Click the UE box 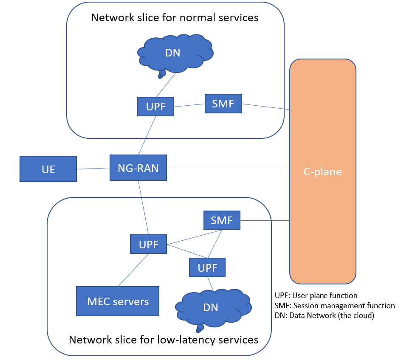(x=48, y=169)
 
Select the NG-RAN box (x=138, y=168)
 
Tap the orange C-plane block (x=322, y=172)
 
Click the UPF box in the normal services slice (x=155, y=107)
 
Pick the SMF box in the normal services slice (x=223, y=104)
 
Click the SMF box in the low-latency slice (x=222, y=220)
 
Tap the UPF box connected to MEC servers (x=148, y=245)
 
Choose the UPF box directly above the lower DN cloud (x=207, y=267)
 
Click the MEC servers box (x=118, y=301)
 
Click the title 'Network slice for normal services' (x=175, y=18)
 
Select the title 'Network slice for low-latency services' (x=164, y=340)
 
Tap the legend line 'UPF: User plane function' (x=316, y=295)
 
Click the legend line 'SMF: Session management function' (x=335, y=306)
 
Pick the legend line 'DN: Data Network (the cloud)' (x=325, y=316)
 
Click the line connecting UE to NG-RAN (x=93, y=169)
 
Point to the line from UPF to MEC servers (x=133, y=270)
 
